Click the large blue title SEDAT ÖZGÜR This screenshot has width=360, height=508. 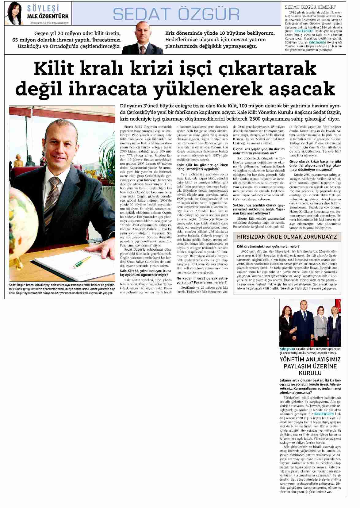pos(176,14)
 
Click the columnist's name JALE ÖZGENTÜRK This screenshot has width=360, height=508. pos(48,16)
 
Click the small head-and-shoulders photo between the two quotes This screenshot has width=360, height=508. pos(143,38)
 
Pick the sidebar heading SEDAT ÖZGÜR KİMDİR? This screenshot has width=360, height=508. pos(310,7)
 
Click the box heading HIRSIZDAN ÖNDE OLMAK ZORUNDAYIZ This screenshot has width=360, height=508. pos(287,237)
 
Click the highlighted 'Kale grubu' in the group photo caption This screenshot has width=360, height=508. pos(287,349)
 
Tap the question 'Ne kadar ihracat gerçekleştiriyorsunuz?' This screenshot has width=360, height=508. pos(201,280)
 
